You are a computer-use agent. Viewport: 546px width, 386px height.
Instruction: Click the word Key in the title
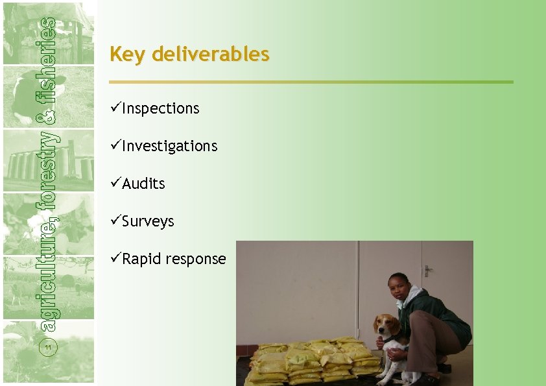point(128,54)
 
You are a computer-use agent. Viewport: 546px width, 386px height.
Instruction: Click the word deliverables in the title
point(210,54)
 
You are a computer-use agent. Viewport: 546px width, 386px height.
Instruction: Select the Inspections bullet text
point(160,108)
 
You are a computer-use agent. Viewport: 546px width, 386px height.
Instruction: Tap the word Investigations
point(169,146)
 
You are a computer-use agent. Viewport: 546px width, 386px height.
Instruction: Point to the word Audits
point(143,184)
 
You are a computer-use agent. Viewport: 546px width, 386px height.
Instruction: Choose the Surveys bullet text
point(148,221)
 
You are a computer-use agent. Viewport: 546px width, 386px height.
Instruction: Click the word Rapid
point(142,259)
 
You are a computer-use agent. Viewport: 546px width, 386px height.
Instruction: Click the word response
point(196,259)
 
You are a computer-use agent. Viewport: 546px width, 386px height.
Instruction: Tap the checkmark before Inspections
point(115,108)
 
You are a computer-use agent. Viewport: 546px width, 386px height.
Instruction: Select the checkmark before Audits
point(115,183)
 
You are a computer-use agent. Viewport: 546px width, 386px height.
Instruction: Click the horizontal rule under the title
point(311,82)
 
